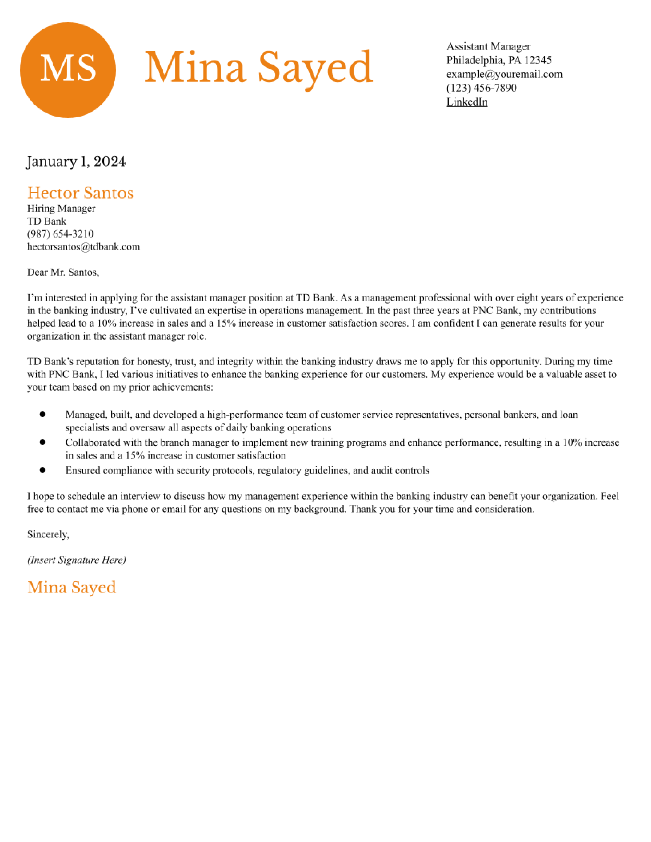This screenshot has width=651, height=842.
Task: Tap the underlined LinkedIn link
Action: [467, 102]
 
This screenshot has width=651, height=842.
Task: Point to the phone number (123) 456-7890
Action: [481, 88]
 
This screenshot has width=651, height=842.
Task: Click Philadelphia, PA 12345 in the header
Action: [499, 60]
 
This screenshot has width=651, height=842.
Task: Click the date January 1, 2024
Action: [76, 161]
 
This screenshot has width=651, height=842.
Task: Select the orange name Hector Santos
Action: [80, 193]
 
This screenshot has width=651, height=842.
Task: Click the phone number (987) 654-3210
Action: [60, 234]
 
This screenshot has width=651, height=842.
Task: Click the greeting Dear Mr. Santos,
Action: [63, 272]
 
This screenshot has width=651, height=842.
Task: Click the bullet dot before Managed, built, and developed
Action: [42, 414]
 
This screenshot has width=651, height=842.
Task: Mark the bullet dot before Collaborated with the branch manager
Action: [42, 442]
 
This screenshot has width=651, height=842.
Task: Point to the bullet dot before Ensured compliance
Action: [42, 470]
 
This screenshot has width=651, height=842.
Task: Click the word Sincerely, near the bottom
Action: [48, 534]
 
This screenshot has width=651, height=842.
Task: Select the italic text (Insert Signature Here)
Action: [76, 560]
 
